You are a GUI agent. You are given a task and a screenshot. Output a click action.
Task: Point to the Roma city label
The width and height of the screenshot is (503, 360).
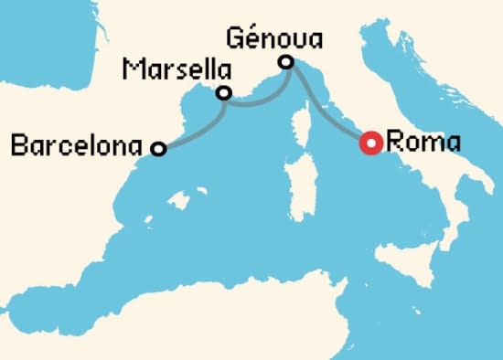coord(423,143)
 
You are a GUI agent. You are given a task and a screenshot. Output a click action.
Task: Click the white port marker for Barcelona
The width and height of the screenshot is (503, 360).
coord(158,148)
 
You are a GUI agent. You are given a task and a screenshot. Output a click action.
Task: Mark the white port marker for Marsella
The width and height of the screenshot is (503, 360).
coord(222,92)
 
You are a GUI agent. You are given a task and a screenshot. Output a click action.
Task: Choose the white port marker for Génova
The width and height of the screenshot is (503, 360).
coord(286,62)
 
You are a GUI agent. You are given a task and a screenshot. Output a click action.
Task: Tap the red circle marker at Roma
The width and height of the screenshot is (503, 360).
coord(370,143)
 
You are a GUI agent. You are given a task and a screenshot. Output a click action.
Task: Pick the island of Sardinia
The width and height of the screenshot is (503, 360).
coord(298,177)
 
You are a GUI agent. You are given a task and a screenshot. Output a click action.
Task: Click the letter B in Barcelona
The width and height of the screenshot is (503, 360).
coord(15,144)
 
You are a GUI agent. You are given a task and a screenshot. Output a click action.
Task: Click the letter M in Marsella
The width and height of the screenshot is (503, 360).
coord(132,70)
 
